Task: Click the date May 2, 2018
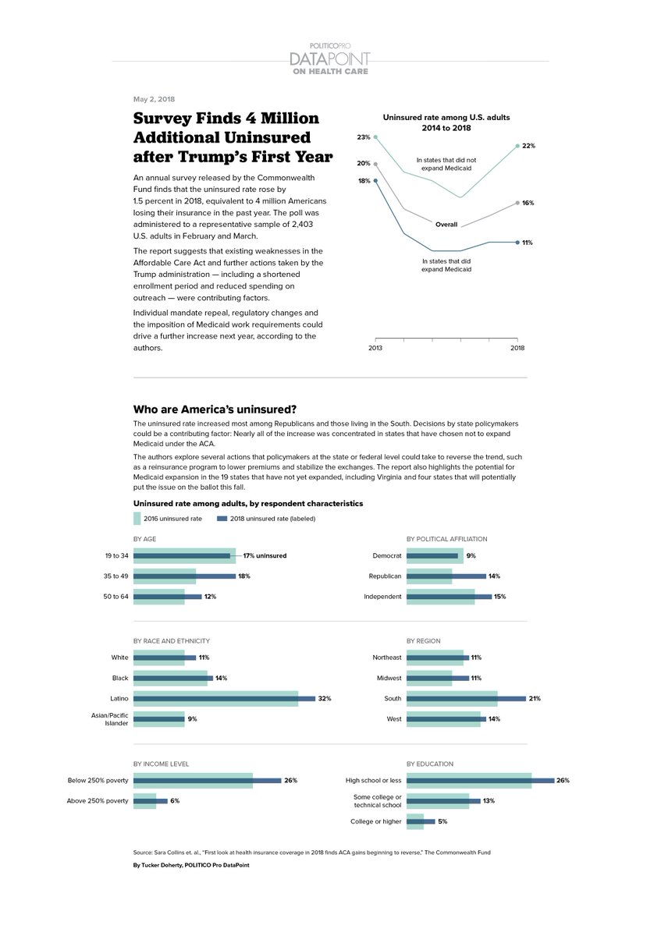(154, 99)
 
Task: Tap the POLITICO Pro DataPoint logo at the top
(330, 58)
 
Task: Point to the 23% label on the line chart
(364, 137)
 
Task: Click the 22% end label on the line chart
(528, 146)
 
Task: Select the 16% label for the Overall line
(528, 203)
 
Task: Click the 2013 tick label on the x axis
(375, 348)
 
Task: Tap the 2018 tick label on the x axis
(517, 348)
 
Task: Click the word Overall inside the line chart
(446, 225)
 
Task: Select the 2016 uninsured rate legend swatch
(137, 518)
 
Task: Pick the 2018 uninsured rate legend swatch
(222, 518)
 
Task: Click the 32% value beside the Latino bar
(325, 699)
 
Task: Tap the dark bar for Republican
(446, 576)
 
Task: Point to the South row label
(393, 699)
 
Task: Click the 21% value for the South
(535, 699)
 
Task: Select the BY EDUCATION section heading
(430, 764)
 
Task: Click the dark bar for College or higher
(421, 821)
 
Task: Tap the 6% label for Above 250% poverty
(175, 801)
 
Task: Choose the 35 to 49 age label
(115, 576)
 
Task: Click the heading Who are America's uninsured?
(215, 409)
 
